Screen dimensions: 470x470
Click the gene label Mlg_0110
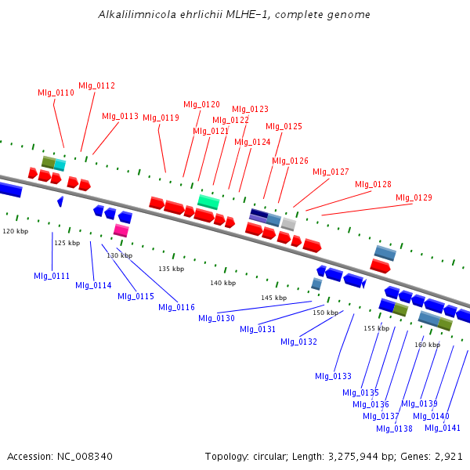click(56, 92)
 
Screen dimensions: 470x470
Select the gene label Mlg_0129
click(414, 197)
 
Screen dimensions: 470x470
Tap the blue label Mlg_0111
click(52, 276)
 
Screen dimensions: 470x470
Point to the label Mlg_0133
click(334, 376)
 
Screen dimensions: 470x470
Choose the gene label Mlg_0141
click(443, 428)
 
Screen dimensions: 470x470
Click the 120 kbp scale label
click(15, 232)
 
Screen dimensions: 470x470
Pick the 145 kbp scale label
click(273, 298)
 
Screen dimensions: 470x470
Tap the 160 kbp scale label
click(427, 345)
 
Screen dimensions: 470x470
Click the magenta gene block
click(121, 230)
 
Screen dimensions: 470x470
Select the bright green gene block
click(208, 201)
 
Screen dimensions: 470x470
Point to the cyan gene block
click(60, 164)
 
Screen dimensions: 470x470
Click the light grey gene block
click(288, 224)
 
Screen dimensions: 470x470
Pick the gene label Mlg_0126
click(290, 161)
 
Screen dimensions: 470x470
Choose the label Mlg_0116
click(176, 307)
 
